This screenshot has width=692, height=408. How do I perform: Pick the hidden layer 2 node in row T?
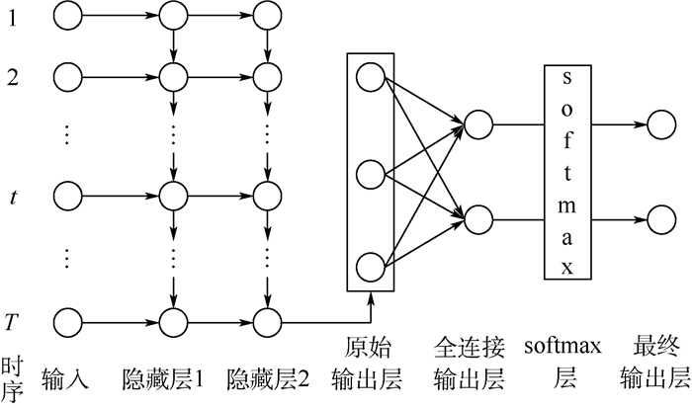tap(265, 321)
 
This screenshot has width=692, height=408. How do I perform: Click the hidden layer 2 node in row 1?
tap(265, 16)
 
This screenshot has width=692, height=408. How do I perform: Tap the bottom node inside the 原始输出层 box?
tap(371, 266)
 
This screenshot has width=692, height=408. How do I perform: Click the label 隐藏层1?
tap(162, 377)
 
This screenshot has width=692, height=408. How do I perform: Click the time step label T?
tap(11, 321)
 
